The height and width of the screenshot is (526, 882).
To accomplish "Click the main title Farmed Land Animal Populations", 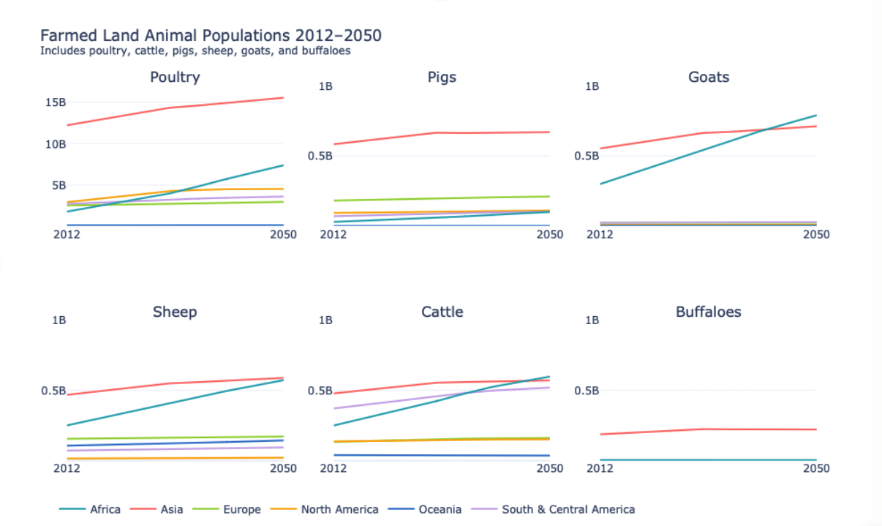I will click(211, 36).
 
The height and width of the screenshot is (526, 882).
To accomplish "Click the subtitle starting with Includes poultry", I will click(195, 51).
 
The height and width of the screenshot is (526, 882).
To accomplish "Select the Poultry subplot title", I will click(175, 78).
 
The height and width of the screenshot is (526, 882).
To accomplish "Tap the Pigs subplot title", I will click(442, 78).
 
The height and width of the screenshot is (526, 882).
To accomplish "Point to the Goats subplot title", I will click(708, 78).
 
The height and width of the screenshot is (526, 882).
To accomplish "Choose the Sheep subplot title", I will click(175, 312).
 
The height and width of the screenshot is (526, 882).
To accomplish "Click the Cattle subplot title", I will click(442, 312).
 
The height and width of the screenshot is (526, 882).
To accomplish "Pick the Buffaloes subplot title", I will click(708, 312).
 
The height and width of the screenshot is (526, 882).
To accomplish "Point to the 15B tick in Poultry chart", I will click(56, 102).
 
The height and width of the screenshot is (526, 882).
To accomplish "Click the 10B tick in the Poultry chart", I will click(56, 143).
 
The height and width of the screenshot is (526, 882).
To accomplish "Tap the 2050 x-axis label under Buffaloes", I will click(817, 468).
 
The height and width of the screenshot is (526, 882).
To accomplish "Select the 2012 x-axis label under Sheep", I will click(67, 468).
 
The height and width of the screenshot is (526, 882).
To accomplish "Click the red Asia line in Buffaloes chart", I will click(702, 429).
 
